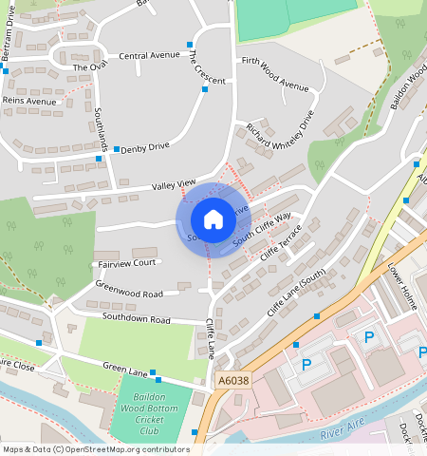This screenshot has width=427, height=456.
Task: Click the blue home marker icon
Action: pos(213,219)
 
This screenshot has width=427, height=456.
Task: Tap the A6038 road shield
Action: pos(232,380)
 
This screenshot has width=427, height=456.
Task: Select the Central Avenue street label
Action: pos(149,55)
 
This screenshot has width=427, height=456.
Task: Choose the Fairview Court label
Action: pos(125,263)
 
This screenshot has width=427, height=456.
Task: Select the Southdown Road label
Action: pos(136,319)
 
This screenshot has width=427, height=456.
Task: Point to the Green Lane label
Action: pos(126,371)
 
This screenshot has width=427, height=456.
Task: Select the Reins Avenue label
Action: pos(29,100)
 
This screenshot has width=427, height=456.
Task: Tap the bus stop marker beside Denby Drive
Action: pos(117,149)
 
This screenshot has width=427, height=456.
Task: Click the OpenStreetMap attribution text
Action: pos(96,449)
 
